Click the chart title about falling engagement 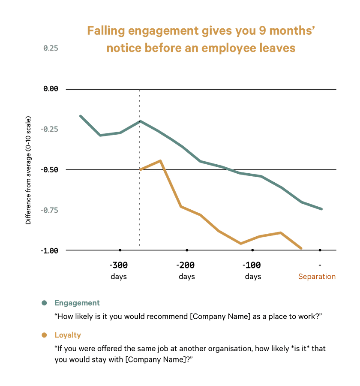point(201,39)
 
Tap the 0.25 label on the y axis point(51,48)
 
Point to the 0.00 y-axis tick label point(50,89)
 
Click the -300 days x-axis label point(119,270)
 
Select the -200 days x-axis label point(186,270)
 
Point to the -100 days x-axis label point(253,270)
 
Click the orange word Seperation point(317,277)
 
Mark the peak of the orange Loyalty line point(160,160)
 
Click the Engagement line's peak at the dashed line point(140,121)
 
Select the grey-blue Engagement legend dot point(44,303)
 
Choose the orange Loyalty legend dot point(44,335)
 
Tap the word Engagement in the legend point(77,303)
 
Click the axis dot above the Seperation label point(320,250)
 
